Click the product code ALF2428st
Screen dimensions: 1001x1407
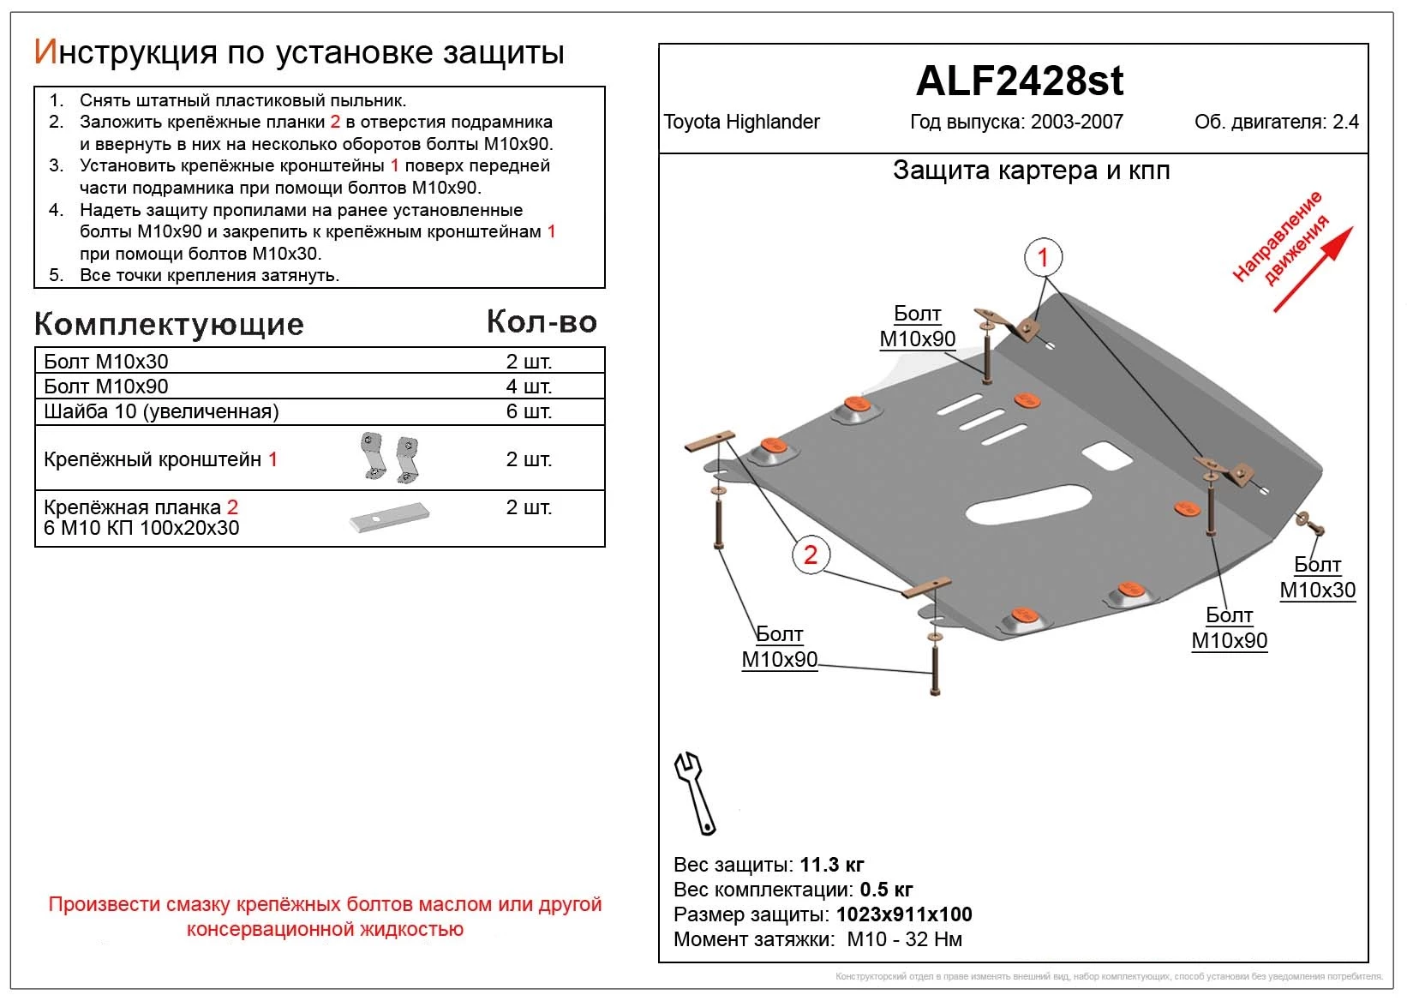pyautogui.click(x=1019, y=81)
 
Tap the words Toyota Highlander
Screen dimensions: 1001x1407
pyautogui.click(x=741, y=122)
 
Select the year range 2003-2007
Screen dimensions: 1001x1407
pyautogui.click(x=1076, y=122)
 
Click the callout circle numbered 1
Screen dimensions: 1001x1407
pyautogui.click(x=1043, y=256)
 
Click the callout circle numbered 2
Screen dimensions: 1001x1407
pyautogui.click(x=811, y=554)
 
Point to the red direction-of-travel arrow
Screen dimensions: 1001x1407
pyautogui.click(x=1312, y=268)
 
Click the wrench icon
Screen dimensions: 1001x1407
pyautogui.click(x=697, y=792)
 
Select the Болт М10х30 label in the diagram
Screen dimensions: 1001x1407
pyautogui.click(x=1317, y=577)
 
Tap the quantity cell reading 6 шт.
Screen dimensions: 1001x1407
pyautogui.click(x=529, y=411)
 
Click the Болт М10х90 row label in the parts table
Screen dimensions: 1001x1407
pyautogui.click(x=106, y=386)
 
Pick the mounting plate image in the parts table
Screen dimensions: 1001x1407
pyautogui.click(x=390, y=517)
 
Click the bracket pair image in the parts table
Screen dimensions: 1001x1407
pyautogui.click(x=390, y=457)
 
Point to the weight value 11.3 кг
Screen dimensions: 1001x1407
pyautogui.click(x=831, y=864)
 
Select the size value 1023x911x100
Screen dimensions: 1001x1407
pyautogui.click(x=904, y=914)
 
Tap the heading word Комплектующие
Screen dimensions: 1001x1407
pyautogui.click(x=169, y=324)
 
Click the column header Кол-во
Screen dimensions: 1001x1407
pyautogui.click(x=542, y=321)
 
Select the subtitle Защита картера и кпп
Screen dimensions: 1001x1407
pyautogui.click(x=1031, y=171)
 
